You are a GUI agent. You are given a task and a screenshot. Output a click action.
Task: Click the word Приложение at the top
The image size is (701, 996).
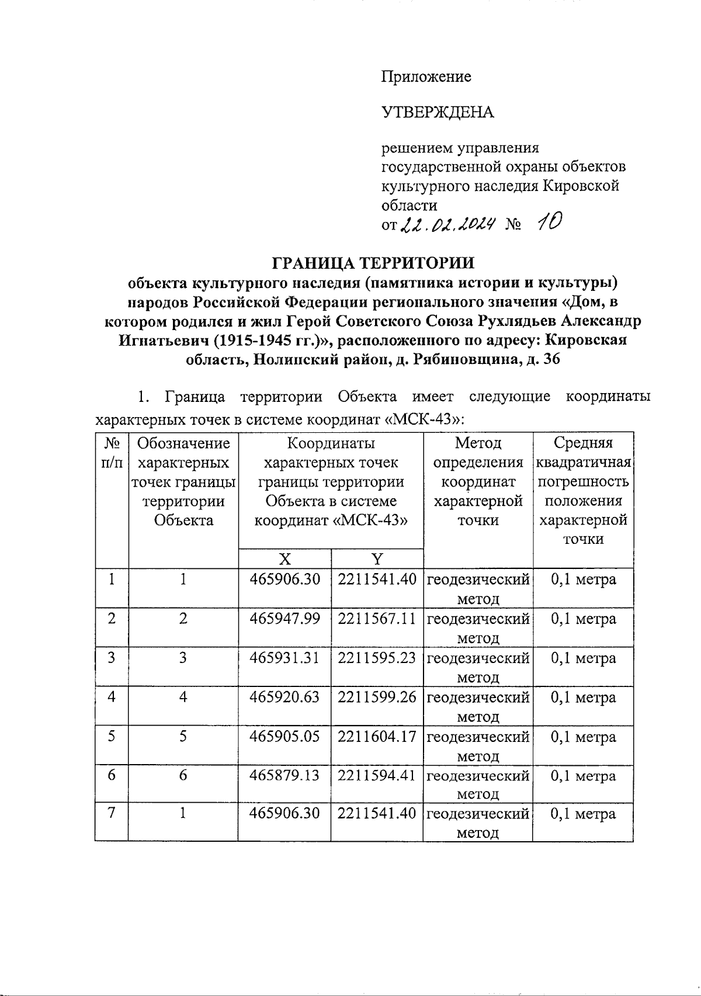click(x=426, y=77)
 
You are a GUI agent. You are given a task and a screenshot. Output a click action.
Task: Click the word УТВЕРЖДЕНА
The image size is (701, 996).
click(x=438, y=112)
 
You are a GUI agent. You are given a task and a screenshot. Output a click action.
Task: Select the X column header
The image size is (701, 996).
click(x=284, y=559)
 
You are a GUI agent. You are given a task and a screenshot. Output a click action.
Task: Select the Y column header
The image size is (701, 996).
click(x=377, y=559)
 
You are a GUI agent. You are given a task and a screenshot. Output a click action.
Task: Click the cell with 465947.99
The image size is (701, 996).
click(x=284, y=619)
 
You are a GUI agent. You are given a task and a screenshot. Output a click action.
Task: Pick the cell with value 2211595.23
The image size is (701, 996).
click(x=377, y=658)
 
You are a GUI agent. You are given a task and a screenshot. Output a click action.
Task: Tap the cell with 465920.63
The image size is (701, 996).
click(x=284, y=697)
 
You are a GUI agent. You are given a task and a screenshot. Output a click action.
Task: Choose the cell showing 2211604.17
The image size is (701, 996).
click(x=377, y=737)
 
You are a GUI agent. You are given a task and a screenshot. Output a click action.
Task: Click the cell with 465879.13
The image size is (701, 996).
click(x=284, y=776)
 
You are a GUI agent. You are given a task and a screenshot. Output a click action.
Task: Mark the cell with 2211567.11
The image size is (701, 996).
click(x=377, y=619)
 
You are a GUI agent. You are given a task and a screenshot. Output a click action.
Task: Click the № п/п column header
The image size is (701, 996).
click(x=112, y=453)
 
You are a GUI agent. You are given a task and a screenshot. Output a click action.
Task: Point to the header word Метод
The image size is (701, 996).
click(x=478, y=443)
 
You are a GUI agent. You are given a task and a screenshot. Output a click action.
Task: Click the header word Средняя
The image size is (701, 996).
click(x=583, y=443)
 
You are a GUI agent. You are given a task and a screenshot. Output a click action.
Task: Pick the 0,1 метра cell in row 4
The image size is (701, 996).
click(x=583, y=697)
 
